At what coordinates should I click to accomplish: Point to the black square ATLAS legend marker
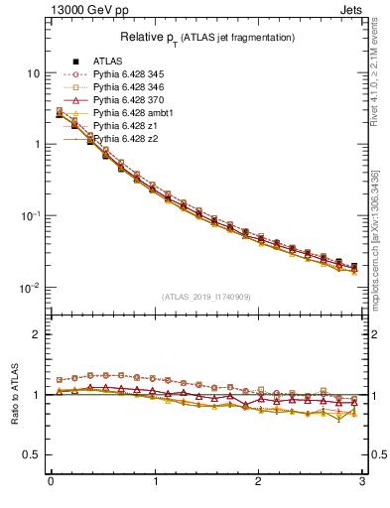click(75, 62)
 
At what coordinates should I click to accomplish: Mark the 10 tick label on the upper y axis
click(33, 73)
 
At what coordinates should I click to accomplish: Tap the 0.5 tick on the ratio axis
click(32, 454)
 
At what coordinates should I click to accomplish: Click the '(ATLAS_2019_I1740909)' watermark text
click(205, 297)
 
